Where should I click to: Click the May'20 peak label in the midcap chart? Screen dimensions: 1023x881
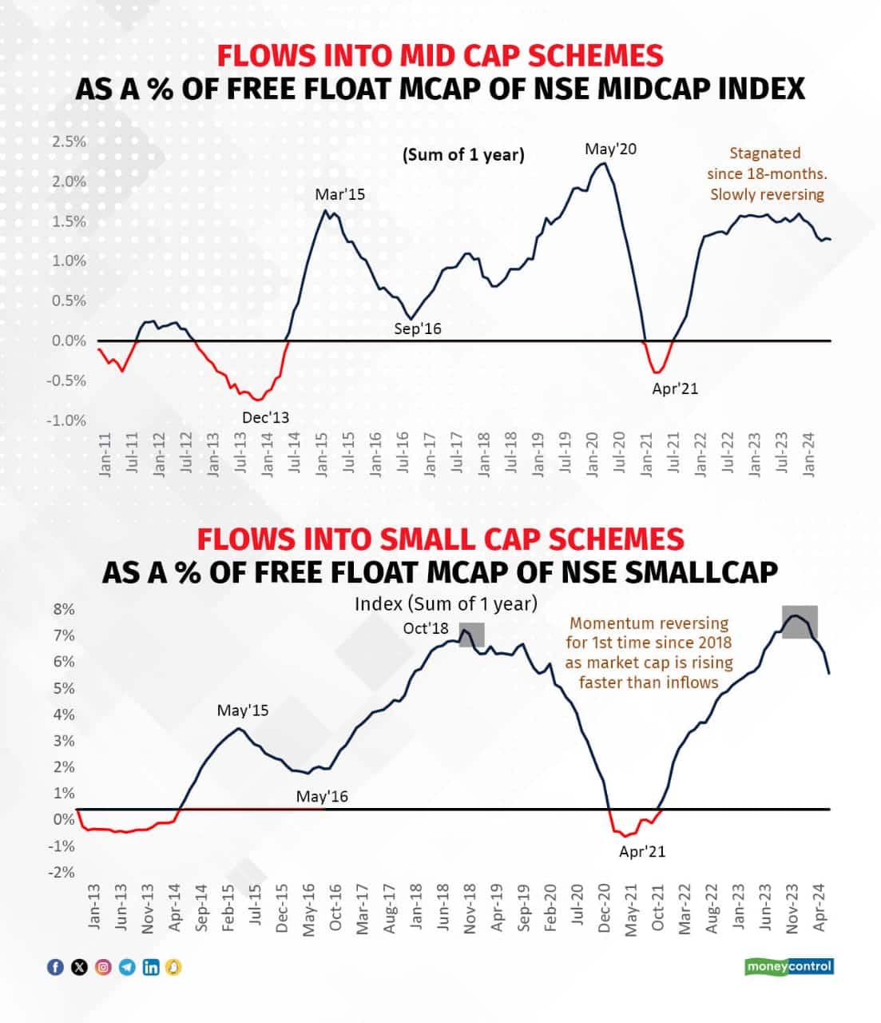(x=610, y=149)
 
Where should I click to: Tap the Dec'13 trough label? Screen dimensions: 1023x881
(x=265, y=417)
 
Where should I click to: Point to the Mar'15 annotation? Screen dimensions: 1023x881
(x=339, y=194)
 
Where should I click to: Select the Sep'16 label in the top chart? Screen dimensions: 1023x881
(x=418, y=328)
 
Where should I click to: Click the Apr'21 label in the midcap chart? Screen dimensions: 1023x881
(x=675, y=389)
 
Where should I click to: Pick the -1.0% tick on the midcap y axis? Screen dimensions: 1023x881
(x=66, y=420)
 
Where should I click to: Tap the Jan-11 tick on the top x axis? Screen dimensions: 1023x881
(x=105, y=456)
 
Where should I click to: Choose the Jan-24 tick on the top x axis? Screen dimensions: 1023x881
(x=808, y=456)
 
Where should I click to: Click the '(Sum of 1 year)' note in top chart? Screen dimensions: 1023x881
(x=463, y=154)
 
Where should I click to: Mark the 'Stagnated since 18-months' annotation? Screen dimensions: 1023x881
(x=766, y=173)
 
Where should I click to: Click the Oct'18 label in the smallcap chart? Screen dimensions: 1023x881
(x=426, y=628)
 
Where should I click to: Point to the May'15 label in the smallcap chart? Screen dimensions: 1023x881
(x=243, y=710)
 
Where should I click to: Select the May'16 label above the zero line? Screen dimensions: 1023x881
(x=322, y=797)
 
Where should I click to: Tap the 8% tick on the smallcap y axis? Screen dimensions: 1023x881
(x=64, y=609)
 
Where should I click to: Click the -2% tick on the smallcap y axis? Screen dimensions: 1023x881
(x=62, y=872)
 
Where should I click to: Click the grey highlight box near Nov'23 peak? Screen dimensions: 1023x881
(x=799, y=621)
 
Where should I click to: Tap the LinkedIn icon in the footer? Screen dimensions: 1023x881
(x=150, y=967)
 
